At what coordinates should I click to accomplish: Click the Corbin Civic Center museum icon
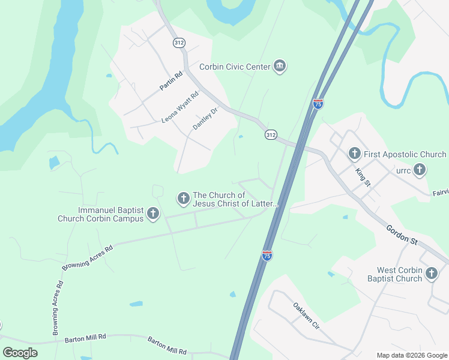[x=279, y=67]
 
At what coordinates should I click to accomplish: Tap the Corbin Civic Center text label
[x=235, y=67]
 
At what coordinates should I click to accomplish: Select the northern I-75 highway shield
[x=318, y=104]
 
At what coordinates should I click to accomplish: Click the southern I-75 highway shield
[x=267, y=256]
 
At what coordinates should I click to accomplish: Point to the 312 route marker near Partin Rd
[x=179, y=43]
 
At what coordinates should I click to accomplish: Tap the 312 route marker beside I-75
[x=271, y=135]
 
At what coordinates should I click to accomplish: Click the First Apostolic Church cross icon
[x=354, y=154]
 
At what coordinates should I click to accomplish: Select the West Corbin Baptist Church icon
[x=431, y=274]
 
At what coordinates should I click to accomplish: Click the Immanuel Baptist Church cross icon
[x=153, y=213]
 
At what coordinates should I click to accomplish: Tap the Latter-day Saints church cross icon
[x=184, y=197]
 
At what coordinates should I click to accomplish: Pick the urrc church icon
[x=419, y=170]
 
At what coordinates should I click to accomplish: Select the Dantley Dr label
[x=204, y=118]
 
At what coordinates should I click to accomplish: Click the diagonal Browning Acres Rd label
[x=88, y=256]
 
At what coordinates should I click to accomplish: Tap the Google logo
[x=20, y=352]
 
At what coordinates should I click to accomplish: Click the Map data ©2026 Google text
[x=411, y=355]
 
